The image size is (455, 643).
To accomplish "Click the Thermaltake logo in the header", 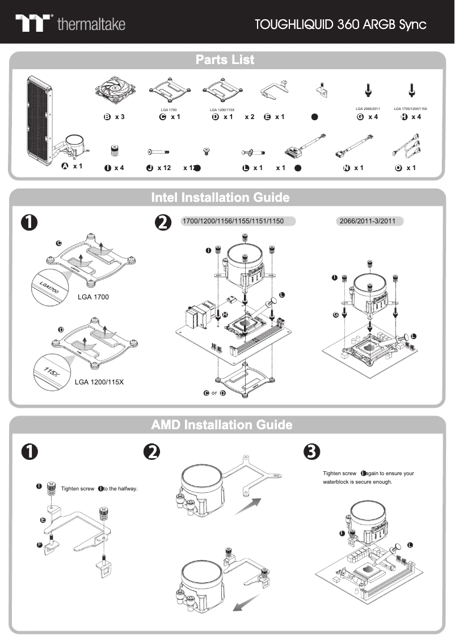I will click(70, 24).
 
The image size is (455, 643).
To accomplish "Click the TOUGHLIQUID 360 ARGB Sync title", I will click(340, 24).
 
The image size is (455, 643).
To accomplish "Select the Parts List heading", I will click(225, 60).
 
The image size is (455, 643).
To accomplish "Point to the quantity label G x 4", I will click(368, 117).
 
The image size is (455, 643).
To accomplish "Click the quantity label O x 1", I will click(406, 168).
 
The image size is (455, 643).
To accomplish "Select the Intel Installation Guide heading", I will click(220, 198).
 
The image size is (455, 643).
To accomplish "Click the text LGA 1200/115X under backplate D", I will click(99, 382).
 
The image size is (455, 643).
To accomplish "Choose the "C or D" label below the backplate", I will click(215, 394).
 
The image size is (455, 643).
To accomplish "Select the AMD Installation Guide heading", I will click(222, 425).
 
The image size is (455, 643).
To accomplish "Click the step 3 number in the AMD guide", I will click(311, 451).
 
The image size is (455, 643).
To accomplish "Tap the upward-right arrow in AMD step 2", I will click(248, 505).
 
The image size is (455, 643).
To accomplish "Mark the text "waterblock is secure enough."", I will click(353, 483).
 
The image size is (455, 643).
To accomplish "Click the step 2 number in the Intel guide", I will click(163, 223).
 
